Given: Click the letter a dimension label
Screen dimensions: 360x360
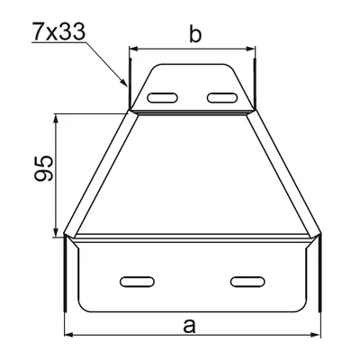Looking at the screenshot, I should [x=189, y=326].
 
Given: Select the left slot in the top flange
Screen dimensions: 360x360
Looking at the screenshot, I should [x=163, y=96].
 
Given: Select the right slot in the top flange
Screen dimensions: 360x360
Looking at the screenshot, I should [x=219, y=96].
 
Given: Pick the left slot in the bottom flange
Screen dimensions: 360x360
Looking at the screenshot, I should [x=135, y=282].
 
